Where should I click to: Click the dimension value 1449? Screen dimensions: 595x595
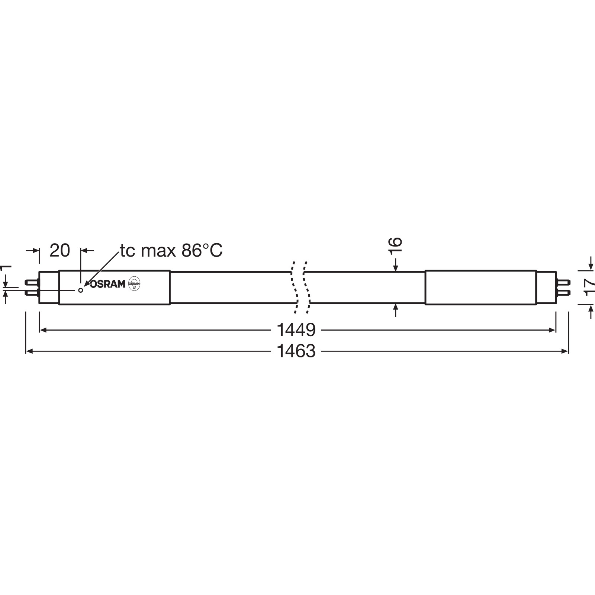296,329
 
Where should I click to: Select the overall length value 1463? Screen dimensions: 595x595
296,351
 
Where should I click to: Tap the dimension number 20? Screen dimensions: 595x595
59,250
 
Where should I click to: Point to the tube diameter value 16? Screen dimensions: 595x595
396,245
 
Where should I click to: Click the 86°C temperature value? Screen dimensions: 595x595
202,250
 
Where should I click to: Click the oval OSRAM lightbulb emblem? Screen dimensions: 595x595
134,284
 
